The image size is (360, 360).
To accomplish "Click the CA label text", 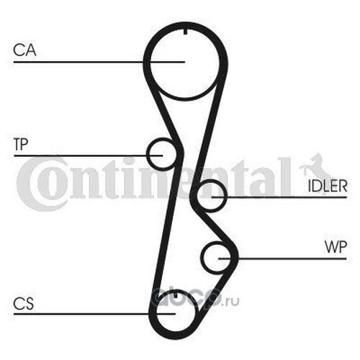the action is point(24,50).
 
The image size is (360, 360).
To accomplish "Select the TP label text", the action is point(21,144).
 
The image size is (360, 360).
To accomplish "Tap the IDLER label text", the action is point(328,186).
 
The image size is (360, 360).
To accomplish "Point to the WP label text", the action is point(336,247).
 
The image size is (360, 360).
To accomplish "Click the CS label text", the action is point(24,303).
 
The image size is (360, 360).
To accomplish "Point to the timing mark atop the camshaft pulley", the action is point(185,32).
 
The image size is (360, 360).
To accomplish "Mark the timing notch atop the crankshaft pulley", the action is point(176,294).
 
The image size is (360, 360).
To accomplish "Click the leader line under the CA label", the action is point(99,62).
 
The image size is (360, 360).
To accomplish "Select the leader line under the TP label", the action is point(89,156).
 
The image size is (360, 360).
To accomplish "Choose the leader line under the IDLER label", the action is point(279,197).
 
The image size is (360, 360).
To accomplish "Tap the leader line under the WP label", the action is point(282,258).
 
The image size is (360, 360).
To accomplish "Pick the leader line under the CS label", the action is point(94,314).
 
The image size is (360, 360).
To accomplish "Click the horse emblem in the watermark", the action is point(315,168).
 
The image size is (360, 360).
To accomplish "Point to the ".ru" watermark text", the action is point(231,302).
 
